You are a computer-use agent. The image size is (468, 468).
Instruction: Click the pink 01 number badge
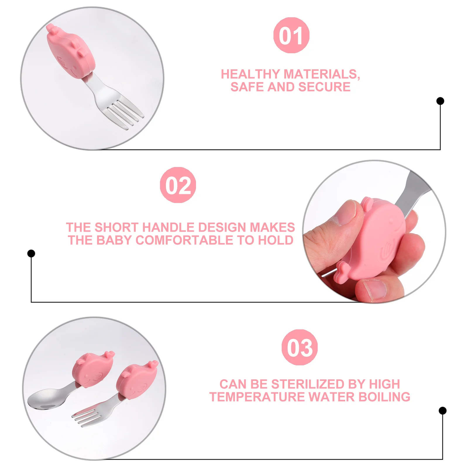click(291, 35)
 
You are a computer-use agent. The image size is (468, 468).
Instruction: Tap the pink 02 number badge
click(178, 185)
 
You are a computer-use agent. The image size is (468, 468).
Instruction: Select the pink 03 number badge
click(300, 347)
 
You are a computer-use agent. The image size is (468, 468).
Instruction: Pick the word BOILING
click(384, 397)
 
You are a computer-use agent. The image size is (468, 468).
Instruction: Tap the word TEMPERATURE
click(257, 397)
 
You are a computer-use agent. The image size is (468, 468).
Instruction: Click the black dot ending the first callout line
click(440, 101)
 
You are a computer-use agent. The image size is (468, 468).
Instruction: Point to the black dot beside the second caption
click(31, 253)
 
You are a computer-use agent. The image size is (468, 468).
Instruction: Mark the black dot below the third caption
click(443, 411)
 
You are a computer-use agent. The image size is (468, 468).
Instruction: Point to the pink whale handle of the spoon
click(93, 370)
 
